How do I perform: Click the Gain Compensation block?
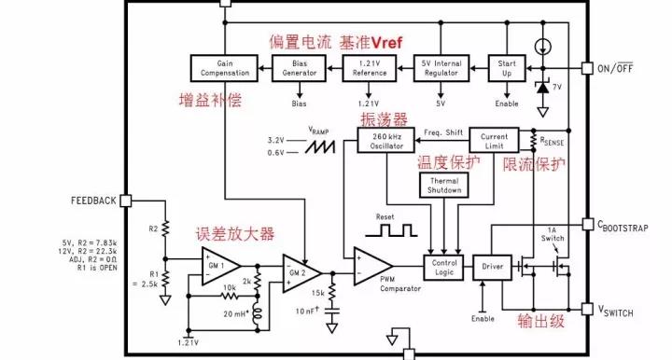pos(224,67)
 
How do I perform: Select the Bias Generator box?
pos(299,67)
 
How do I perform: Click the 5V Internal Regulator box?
pos(441,67)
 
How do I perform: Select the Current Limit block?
pos(494,141)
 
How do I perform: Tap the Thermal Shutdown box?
pos(444,186)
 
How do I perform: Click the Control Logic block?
pos(444,267)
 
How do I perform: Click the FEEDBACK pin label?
pos(93,201)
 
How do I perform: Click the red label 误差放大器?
pos(234,233)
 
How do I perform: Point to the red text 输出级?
pos(543,323)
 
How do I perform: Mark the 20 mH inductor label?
pos(238,315)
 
